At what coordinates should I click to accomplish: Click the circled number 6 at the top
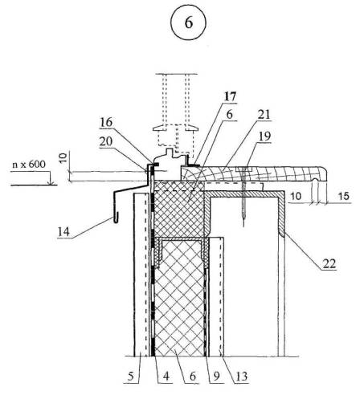coord(189,22)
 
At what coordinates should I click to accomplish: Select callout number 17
coord(231,96)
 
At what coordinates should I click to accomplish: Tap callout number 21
coord(264,115)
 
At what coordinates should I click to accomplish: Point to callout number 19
coord(264,136)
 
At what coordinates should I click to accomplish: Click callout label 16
coord(106,123)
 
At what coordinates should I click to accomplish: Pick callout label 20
coord(106,141)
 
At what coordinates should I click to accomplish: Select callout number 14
coord(63,232)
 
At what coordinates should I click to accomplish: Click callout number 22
coord(329,264)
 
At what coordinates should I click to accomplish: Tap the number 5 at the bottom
coord(131,377)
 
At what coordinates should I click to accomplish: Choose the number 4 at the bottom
coord(166,377)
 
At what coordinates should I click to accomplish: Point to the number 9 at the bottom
coord(216,377)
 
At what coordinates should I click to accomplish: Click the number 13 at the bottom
coord(241,377)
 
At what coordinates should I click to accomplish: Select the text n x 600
coord(29,164)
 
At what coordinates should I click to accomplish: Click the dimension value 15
coord(344,196)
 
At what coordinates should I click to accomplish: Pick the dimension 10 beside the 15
coord(296,196)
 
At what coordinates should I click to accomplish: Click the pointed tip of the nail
coord(243,226)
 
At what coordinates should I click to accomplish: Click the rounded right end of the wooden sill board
coord(325,174)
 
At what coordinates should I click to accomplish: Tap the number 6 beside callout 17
coord(229,115)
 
